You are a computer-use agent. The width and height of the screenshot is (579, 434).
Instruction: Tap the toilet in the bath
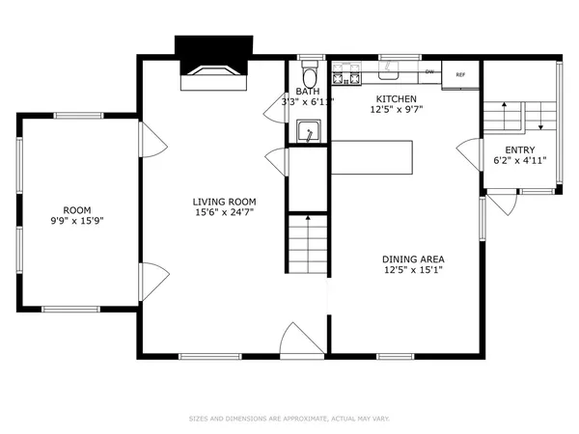[x=309, y=77]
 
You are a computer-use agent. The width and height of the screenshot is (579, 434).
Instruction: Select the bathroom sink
[x=309, y=129]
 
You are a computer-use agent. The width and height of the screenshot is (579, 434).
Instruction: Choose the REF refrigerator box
[x=460, y=74]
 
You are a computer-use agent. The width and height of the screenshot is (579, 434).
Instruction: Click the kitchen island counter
[x=372, y=156]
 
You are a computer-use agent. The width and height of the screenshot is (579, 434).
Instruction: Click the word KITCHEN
[x=396, y=98]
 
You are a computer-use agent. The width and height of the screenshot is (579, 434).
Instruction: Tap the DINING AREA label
[x=412, y=259]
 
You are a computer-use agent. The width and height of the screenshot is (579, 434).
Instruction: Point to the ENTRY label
[x=520, y=149]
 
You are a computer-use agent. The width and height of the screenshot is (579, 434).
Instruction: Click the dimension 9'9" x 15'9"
[x=77, y=221]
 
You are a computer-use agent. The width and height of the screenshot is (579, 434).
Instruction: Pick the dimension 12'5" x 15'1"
[x=412, y=271]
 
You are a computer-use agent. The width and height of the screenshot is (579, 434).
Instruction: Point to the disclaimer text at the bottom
[x=289, y=419]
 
